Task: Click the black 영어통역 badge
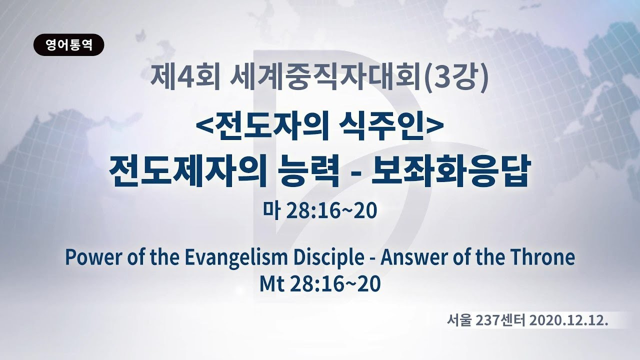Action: tap(69, 45)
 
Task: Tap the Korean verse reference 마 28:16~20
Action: tap(320, 212)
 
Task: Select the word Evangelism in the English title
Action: tap(236, 259)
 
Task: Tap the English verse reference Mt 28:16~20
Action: tap(320, 284)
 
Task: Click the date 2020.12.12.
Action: tap(568, 321)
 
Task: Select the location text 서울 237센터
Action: tap(486, 321)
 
